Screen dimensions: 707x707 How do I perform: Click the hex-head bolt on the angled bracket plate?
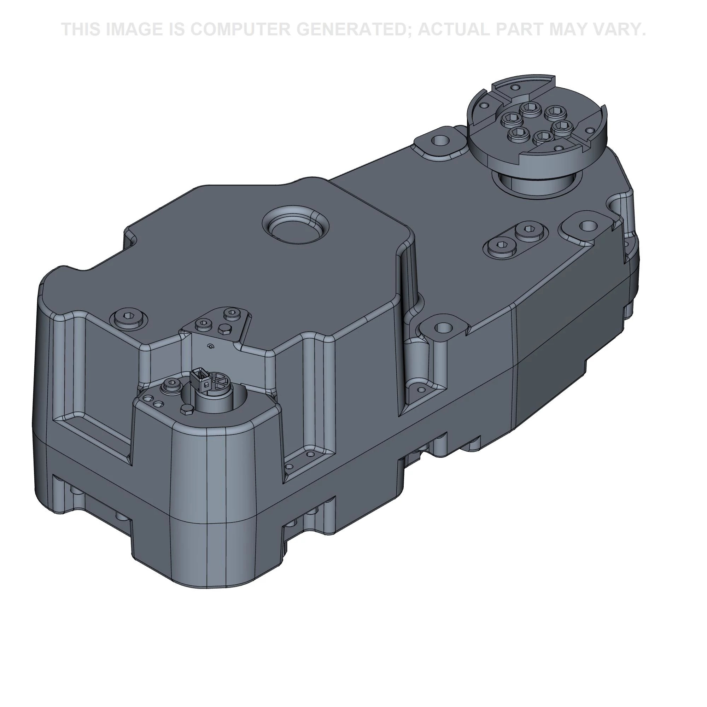click(222, 329)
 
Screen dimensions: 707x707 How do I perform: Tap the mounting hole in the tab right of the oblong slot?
click(587, 225)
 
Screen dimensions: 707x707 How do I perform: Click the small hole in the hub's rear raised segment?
click(516, 87)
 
